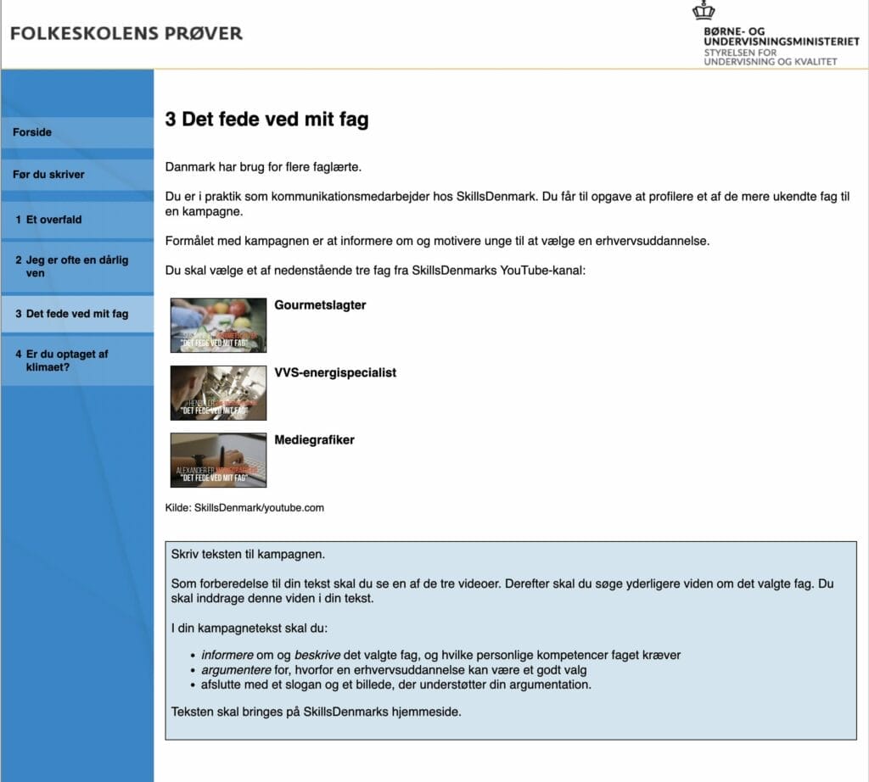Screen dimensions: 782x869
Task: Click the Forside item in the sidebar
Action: point(32,132)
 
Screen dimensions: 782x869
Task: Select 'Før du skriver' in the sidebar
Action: point(48,175)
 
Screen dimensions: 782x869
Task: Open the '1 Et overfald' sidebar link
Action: point(48,220)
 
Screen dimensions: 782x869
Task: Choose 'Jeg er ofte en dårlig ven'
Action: point(71,266)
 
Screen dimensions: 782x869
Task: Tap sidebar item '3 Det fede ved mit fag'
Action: point(72,314)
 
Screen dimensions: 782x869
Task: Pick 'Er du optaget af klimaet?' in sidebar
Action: point(62,360)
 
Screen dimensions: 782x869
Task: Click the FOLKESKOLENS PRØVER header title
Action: point(126,34)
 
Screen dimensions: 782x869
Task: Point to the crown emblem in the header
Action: point(704,11)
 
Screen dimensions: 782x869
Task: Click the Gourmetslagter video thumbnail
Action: point(218,325)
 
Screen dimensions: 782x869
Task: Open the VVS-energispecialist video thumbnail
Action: point(218,393)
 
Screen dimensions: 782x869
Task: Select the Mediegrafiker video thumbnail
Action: point(218,461)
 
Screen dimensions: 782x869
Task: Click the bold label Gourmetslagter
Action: point(320,305)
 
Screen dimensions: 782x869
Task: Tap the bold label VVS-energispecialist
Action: point(335,373)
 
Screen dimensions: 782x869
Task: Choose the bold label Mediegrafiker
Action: point(314,440)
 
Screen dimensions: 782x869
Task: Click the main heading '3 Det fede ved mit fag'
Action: point(266,120)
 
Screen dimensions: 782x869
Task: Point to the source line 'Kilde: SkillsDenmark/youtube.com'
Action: point(244,508)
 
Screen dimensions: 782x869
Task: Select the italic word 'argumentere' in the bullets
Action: point(233,670)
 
